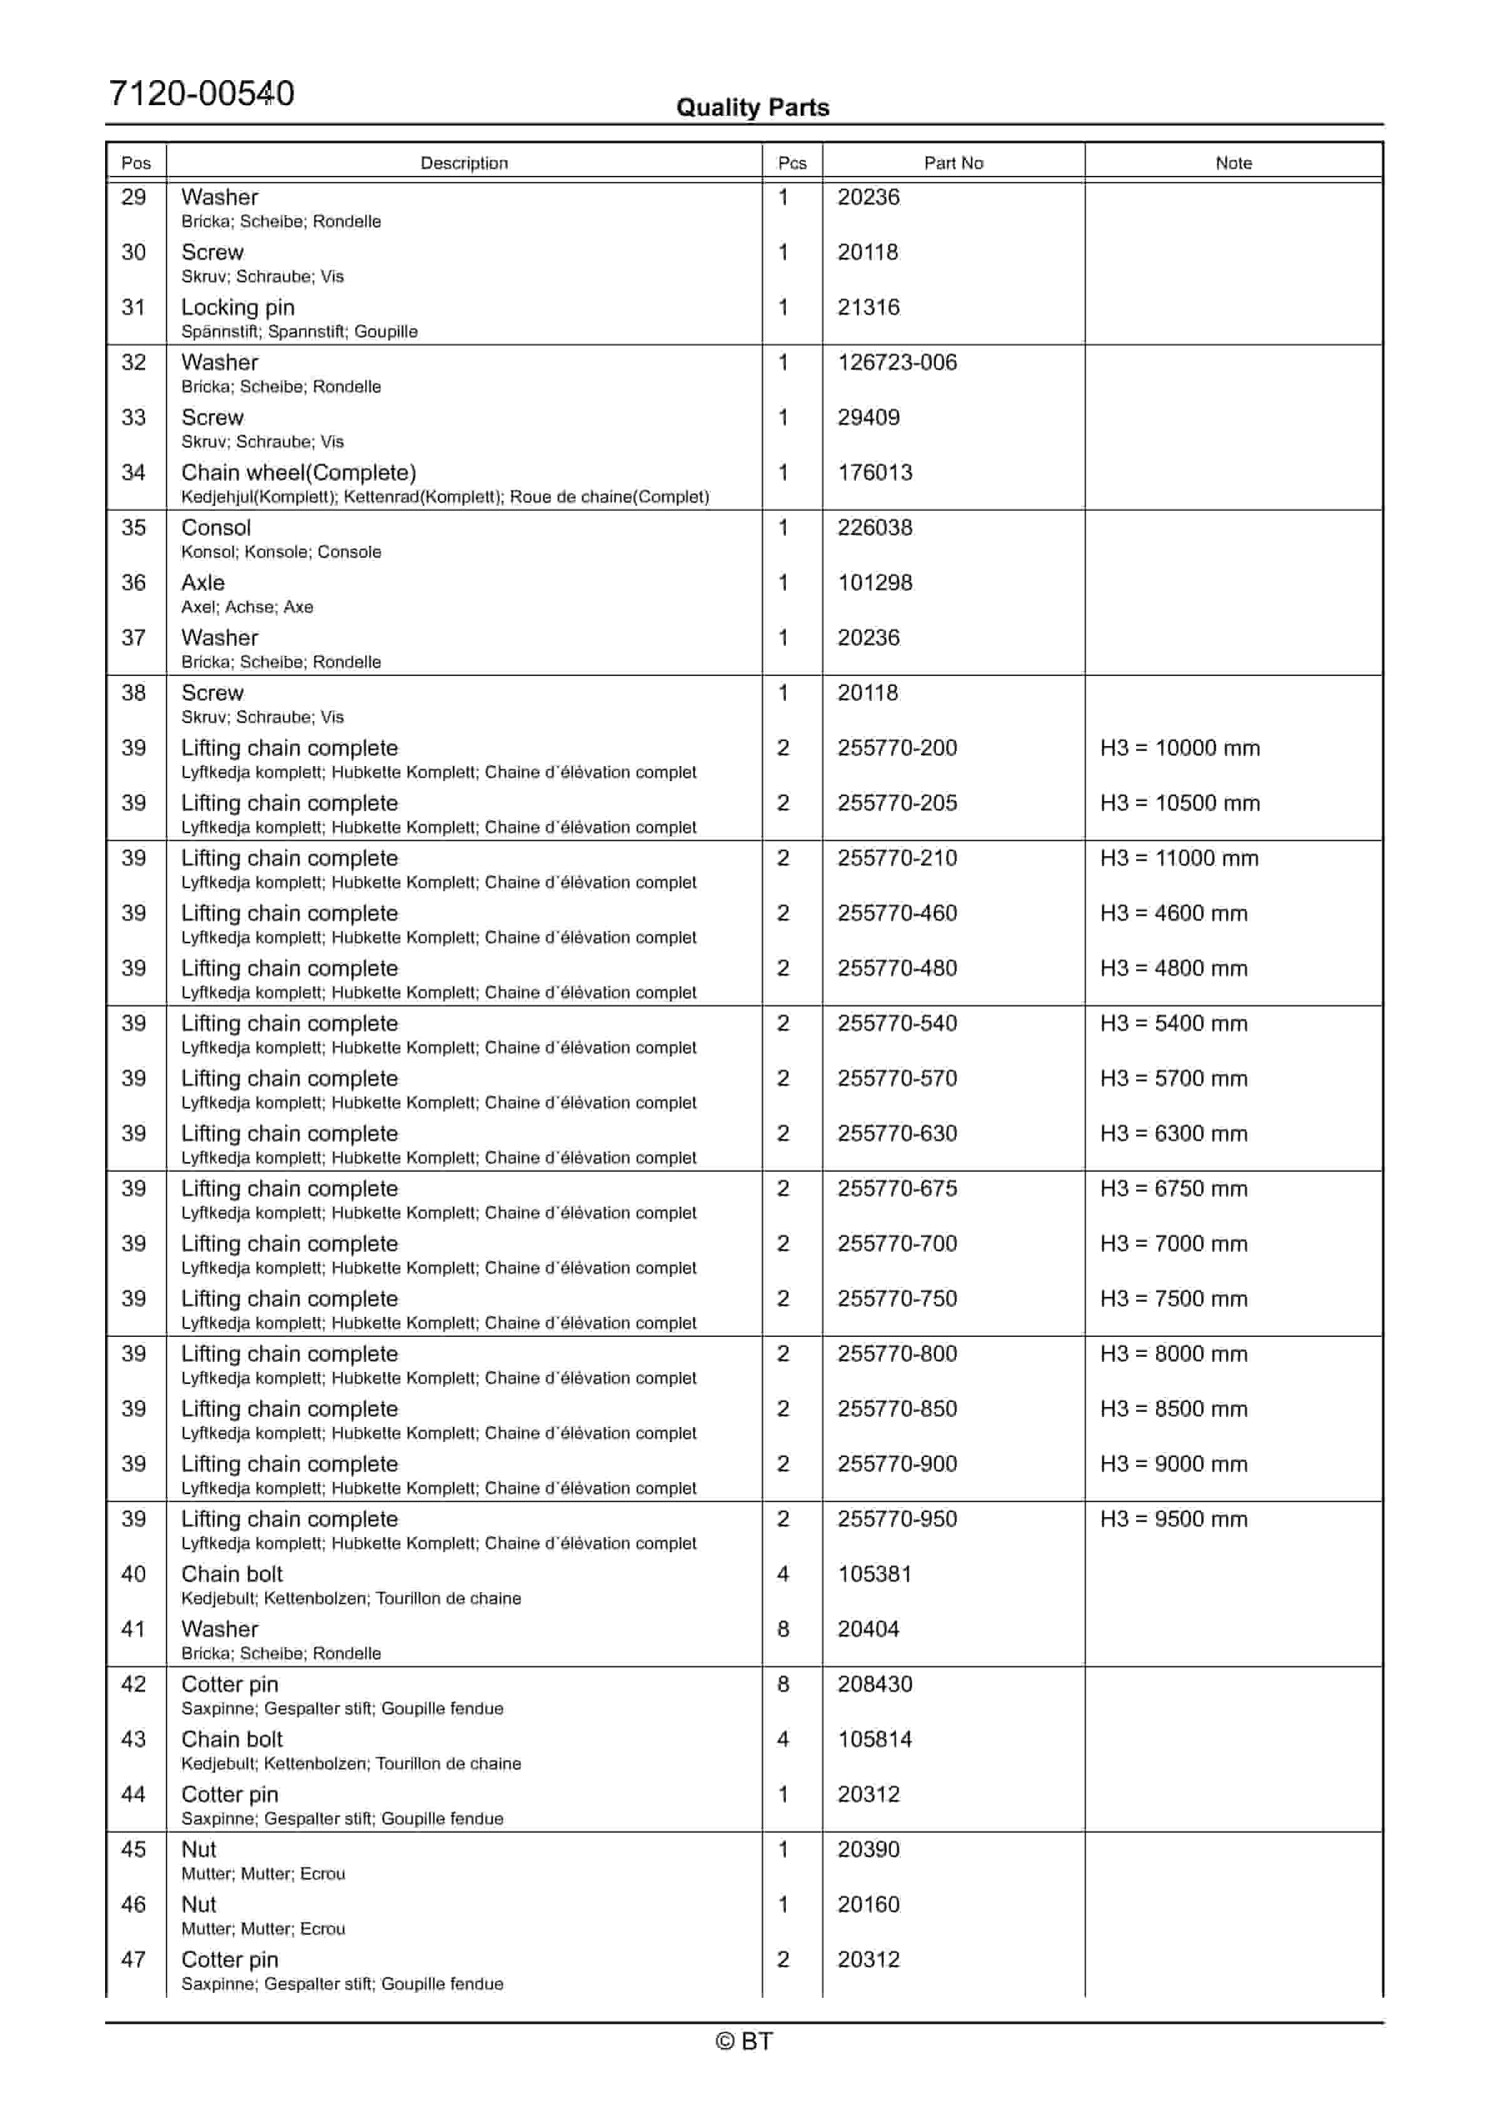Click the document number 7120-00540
[x=201, y=94]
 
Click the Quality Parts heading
[x=752, y=108]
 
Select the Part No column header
[x=953, y=163]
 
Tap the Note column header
[x=1233, y=163]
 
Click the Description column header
[x=464, y=163]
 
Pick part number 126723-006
[x=897, y=362]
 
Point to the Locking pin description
[x=238, y=307]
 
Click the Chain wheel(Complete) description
[x=298, y=473]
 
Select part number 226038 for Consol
[x=874, y=528]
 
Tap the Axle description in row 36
[x=203, y=583]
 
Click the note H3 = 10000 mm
[x=1180, y=749]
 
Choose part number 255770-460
[x=897, y=914]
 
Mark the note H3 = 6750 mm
[x=1173, y=1189]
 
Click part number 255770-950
[x=897, y=1520]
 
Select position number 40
[x=134, y=1575]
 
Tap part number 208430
[x=874, y=1685]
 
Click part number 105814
[x=874, y=1740]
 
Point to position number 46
[x=134, y=1905]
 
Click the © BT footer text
[x=744, y=2041]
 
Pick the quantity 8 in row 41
[x=783, y=1630]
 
